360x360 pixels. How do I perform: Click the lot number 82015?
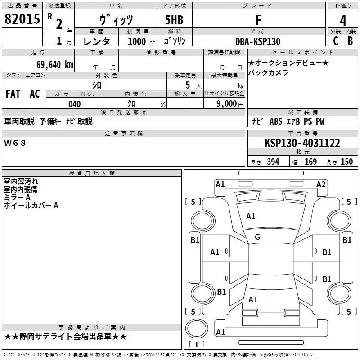point(22,20)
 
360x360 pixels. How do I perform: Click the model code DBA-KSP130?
point(257,41)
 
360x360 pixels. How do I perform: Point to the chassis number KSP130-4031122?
point(302,144)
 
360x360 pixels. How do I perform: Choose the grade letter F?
point(258,20)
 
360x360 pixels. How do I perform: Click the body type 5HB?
point(174,20)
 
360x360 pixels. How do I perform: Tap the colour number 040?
point(74,104)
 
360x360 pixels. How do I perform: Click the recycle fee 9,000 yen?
point(226,104)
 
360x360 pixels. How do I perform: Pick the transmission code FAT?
point(13,94)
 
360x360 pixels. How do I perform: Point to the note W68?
point(15,143)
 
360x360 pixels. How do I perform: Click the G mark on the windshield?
point(257,237)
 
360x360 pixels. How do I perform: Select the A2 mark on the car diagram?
point(321,184)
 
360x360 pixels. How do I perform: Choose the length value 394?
point(273,162)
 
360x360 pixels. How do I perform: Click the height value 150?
point(346,162)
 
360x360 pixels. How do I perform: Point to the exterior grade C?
point(335,41)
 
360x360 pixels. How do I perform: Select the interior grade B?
point(350,41)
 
